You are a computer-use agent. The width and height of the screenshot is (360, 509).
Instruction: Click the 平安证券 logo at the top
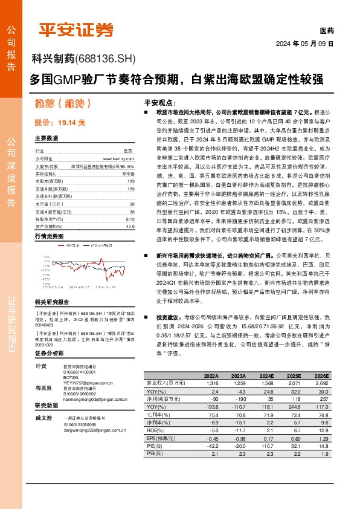(x=76, y=28)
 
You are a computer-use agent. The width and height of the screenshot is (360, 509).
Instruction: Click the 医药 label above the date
(x=326, y=30)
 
